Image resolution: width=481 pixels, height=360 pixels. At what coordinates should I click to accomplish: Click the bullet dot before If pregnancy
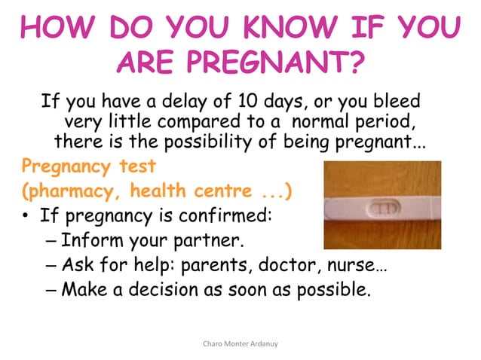click(26, 218)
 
